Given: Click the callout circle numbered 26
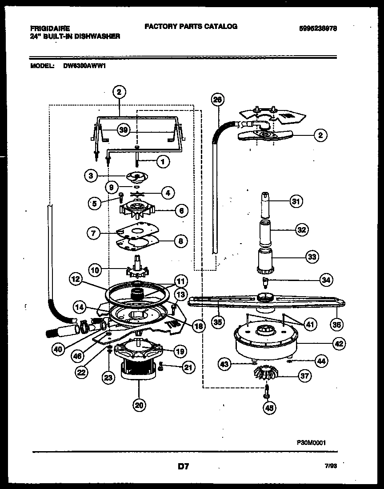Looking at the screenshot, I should pyautogui.click(x=217, y=100).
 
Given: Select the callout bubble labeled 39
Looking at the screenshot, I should pyautogui.click(x=124, y=130).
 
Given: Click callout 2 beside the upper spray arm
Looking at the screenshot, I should pyautogui.click(x=320, y=135).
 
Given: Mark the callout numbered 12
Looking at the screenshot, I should pyautogui.click(x=76, y=279).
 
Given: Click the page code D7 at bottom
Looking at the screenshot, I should pyautogui.click(x=184, y=467).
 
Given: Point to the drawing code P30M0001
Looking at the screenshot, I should pyautogui.click(x=311, y=443).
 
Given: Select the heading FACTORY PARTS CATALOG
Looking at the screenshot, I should pyautogui.click(x=191, y=26).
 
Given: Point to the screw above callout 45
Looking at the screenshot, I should pyautogui.click(x=266, y=392).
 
